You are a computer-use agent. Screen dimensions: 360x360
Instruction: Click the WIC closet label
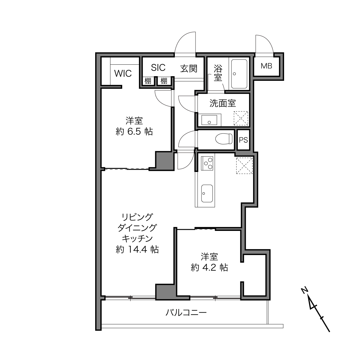(123, 74)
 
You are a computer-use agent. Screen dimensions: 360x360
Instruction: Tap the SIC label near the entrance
(158, 68)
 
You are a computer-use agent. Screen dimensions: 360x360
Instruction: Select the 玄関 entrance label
(189, 68)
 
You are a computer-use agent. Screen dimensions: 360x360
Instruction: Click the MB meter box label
(266, 66)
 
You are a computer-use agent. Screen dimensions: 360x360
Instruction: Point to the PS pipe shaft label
(243, 140)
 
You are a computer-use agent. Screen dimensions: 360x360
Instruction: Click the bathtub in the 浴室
(239, 74)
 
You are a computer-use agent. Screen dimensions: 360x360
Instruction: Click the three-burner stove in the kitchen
(207, 163)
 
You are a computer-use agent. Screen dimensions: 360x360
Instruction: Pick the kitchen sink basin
(207, 194)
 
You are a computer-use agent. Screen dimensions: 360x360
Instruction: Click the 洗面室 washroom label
(223, 103)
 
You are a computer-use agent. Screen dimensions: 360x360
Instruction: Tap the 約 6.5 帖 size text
(134, 132)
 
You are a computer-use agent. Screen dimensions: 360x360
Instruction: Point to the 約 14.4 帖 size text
(137, 249)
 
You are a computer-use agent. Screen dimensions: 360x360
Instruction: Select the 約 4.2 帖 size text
(209, 268)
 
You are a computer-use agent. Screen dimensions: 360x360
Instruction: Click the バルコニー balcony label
(186, 313)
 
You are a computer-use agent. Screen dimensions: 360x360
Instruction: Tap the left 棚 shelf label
(148, 81)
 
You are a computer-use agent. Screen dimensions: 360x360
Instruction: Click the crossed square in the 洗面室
(241, 118)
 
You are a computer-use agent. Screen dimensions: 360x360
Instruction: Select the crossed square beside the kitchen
(244, 166)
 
